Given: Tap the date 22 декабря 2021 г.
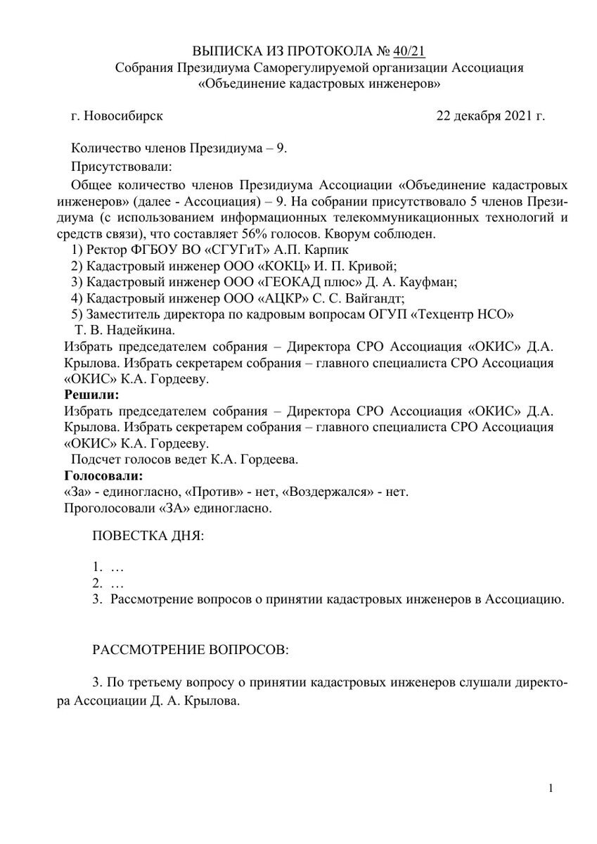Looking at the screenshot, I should point(491,115).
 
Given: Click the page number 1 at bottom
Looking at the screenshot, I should point(551,788).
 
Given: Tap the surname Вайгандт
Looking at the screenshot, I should point(373,298).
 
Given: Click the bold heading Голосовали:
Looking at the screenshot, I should point(98,475).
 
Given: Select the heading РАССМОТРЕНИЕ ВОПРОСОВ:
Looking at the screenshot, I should point(191,649).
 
